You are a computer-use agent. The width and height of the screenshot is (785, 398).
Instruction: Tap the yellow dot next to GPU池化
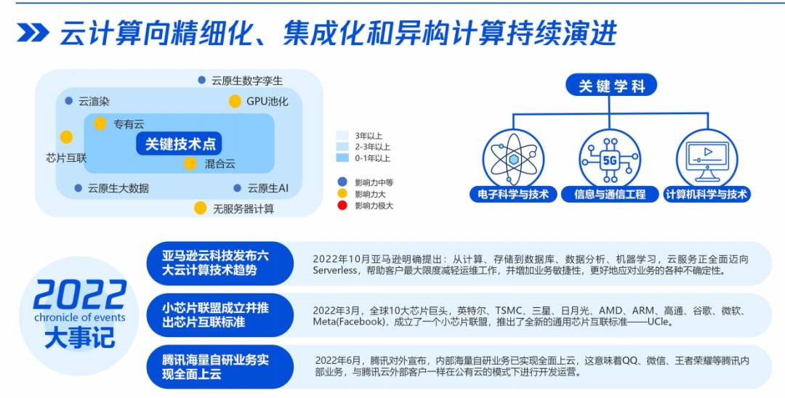point(235,102)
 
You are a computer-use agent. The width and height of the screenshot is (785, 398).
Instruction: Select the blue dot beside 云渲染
point(68,101)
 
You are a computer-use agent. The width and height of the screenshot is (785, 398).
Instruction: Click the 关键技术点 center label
point(179,144)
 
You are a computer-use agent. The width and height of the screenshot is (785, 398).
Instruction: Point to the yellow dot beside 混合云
point(190,163)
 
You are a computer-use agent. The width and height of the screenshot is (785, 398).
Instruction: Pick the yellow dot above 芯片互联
point(66,137)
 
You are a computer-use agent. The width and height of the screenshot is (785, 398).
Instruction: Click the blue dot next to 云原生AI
point(238,189)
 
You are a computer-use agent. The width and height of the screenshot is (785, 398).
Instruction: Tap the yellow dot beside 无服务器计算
point(201,208)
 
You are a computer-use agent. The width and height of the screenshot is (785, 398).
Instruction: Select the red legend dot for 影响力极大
point(342,206)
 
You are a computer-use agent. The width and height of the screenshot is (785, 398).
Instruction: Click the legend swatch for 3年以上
point(343,135)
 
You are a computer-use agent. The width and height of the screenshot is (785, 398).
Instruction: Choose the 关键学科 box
point(611,86)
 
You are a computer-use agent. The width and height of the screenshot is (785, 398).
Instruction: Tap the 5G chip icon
point(610,160)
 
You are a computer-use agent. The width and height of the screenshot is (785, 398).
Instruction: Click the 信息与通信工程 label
point(611,195)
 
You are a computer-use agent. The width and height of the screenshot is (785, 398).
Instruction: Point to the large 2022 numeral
point(80,295)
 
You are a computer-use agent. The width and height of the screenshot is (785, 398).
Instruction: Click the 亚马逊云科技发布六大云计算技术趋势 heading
point(215,264)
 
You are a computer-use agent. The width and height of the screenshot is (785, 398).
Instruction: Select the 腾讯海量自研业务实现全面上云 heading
point(216,367)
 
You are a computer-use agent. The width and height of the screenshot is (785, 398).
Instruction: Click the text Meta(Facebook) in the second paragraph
point(348,322)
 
